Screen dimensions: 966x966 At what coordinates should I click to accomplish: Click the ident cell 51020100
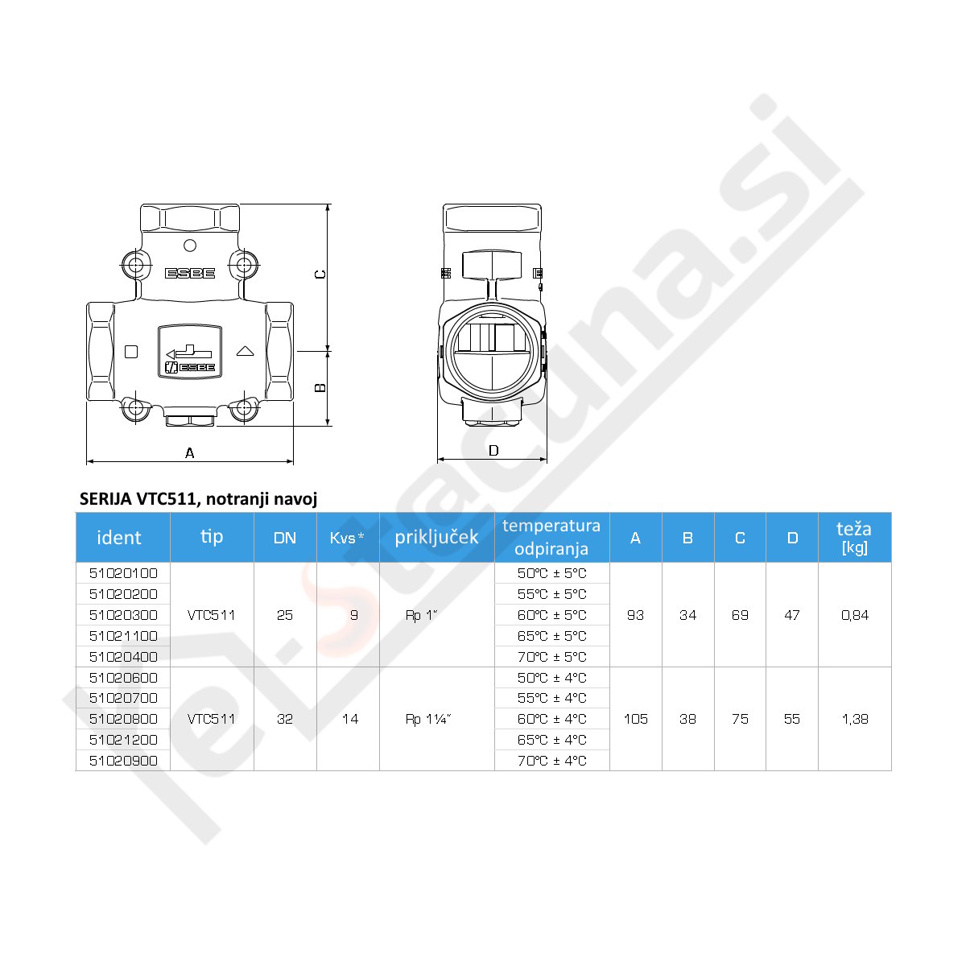(123, 573)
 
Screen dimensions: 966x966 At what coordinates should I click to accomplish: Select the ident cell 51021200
(123, 740)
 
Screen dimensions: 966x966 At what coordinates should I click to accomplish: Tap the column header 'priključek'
(436, 538)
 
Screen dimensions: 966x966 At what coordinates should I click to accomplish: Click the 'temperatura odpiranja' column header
(551, 537)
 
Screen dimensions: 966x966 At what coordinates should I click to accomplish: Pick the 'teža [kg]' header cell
(854, 538)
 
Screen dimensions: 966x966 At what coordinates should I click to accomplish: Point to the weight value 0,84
(855, 615)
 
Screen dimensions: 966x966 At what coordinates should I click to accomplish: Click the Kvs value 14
(350, 719)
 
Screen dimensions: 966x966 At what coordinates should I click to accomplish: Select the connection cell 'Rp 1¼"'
(428, 720)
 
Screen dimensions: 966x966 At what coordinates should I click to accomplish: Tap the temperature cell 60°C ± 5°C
(551, 615)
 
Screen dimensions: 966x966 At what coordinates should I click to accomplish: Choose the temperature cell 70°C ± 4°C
(551, 761)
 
